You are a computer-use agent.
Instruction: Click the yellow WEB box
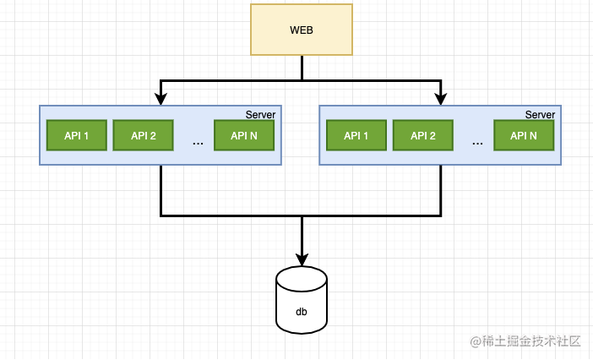[x=302, y=30]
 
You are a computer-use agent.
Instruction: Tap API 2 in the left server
[x=143, y=135]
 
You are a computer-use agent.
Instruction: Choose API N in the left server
[x=244, y=135]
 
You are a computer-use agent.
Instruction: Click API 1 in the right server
[x=356, y=135]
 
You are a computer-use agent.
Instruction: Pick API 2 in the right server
[x=422, y=135]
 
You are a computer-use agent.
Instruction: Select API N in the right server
[x=524, y=135]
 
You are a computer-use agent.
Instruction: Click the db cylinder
[x=302, y=300]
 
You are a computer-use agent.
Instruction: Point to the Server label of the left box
[x=260, y=114]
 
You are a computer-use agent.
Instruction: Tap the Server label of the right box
[x=540, y=114]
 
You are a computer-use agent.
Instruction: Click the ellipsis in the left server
[x=198, y=142]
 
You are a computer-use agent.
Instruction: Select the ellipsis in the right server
[x=477, y=142]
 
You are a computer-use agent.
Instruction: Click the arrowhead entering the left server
[x=160, y=100]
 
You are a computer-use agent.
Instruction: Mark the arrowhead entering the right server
[x=440, y=100]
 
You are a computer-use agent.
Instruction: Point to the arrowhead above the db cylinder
[x=302, y=259]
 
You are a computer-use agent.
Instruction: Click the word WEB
[x=302, y=30]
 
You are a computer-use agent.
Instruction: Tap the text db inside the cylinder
[x=302, y=312]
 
